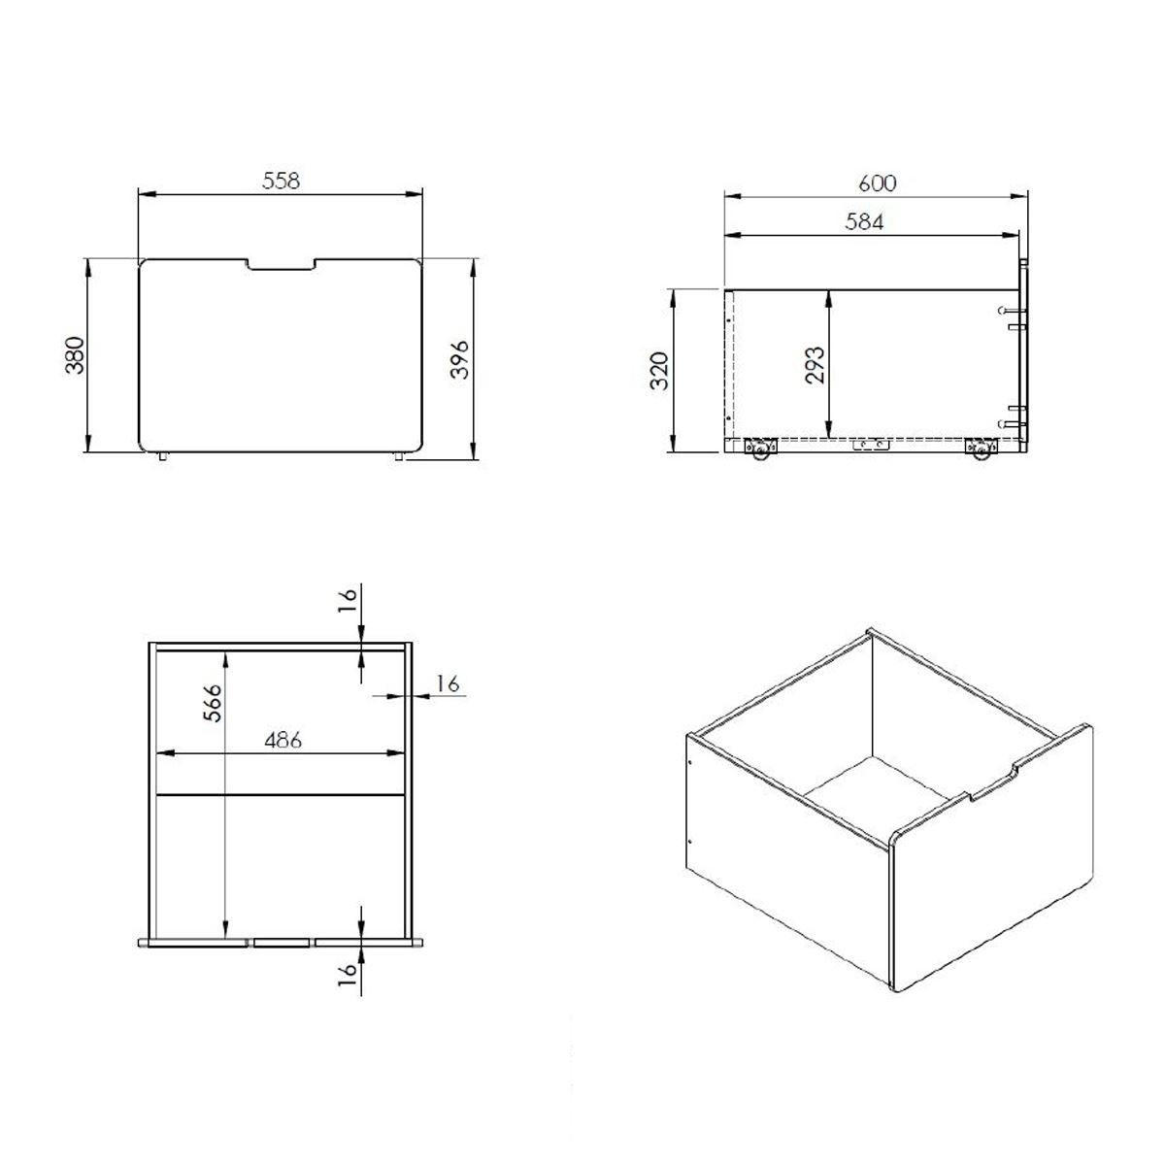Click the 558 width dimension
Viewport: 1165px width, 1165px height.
point(282,181)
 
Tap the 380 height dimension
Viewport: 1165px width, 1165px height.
point(75,355)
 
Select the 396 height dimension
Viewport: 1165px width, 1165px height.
point(459,360)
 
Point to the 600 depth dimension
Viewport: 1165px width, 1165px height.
point(878,183)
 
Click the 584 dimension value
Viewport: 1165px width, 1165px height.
point(864,222)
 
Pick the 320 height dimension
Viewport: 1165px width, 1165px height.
point(659,370)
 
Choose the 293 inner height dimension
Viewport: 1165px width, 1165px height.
point(815,365)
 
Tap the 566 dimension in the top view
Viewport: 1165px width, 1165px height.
point(213,703)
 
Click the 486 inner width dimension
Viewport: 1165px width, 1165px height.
point(283,740)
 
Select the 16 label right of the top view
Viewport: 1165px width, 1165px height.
point(448,683)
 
